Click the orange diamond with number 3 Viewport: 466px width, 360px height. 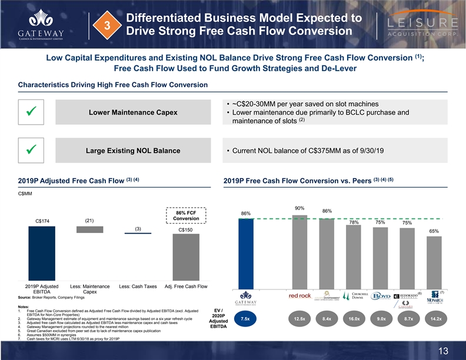(x=107, y=25)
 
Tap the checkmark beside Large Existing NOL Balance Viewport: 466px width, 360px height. (x=28, y=151)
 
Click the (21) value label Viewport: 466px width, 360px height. (x=89, y=221)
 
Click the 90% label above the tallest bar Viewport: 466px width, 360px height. (x=299, y=208)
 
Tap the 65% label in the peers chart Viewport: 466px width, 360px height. (x=434, y=232)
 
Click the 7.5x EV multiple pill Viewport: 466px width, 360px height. (x=245, y=319)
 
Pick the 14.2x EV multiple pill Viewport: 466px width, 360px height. (x=437, y=319)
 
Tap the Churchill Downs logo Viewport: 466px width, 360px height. (x=360, y=296)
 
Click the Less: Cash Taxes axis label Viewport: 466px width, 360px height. (x=138, y=286)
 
